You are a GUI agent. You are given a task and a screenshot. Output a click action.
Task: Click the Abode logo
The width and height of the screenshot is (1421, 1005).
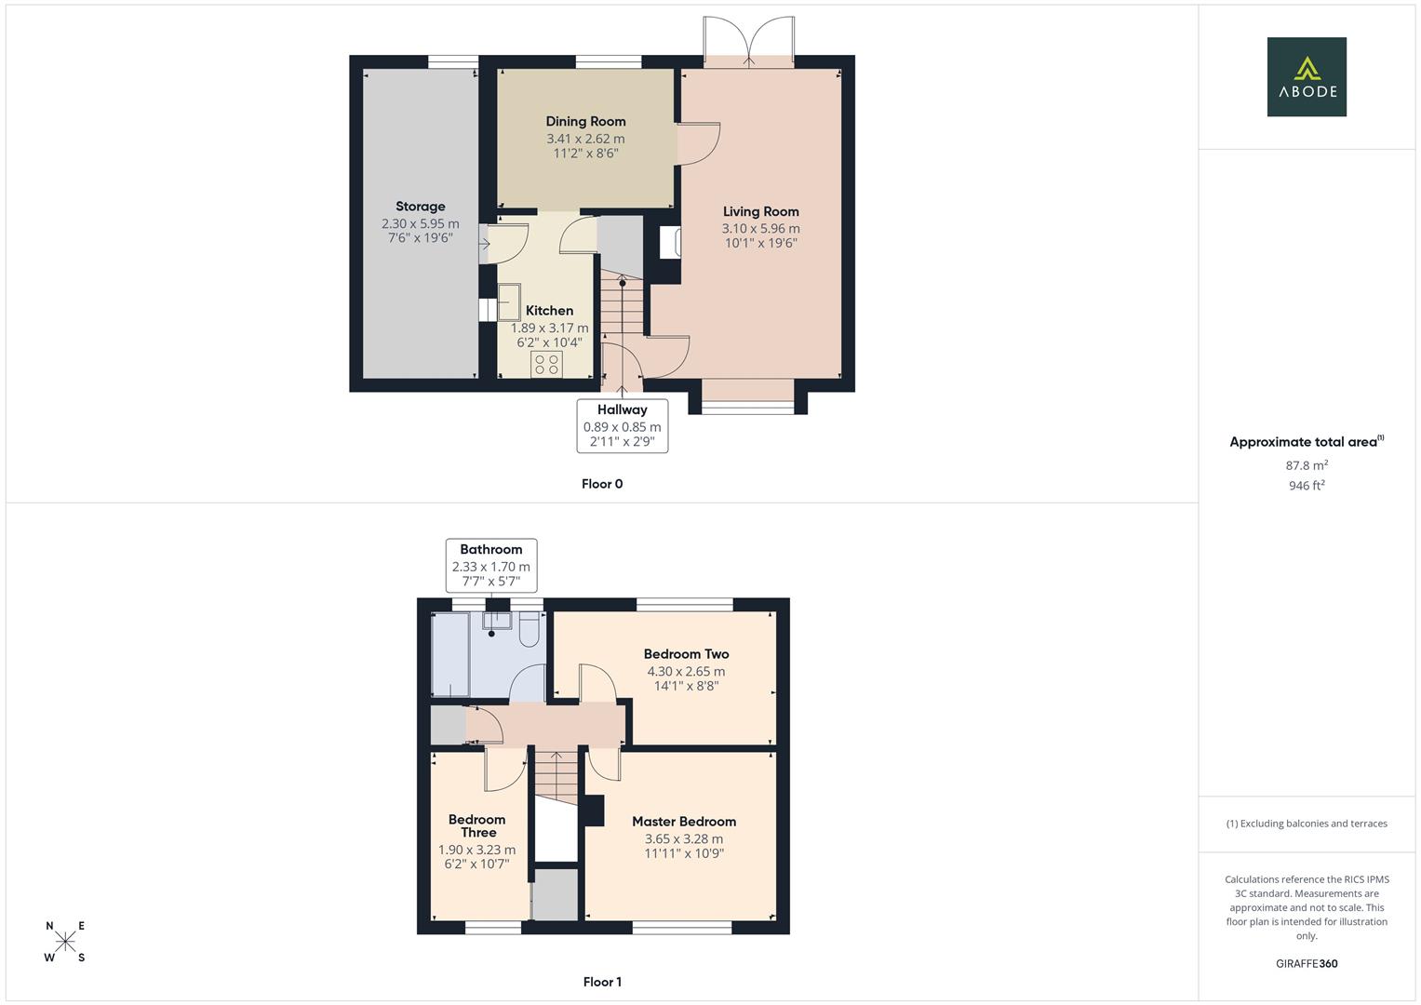pyautogui.click(x=1306, y=76)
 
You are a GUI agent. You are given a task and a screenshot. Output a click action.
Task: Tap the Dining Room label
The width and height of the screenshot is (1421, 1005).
pyautogui.click(x=585, y=121)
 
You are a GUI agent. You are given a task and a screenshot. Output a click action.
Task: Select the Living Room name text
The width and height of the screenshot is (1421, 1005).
pyautogui.click(x=760, y=211)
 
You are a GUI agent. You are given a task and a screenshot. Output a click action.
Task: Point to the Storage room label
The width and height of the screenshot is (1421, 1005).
pyautogui.click(x=421, y=207)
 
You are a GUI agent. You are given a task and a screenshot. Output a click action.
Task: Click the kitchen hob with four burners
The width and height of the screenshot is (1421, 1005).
pyautogui.click(x=546, y=364)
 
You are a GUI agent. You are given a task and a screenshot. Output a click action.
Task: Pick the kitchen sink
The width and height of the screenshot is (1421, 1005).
pyautogui.click(x=509, y=301)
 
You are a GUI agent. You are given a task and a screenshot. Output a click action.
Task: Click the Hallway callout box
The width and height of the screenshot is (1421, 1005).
pyautogui.click(x=622, y=425)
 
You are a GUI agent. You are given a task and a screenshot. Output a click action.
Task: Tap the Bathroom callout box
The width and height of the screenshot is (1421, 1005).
pyautogui.click(x=490, y=565)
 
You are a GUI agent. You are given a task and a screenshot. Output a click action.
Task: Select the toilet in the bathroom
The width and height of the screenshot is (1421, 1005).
pyautogui.click(x=530, y=633)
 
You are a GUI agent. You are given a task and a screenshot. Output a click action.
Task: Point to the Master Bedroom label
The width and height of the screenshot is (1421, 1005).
pyautogui.click(x=684, y=822)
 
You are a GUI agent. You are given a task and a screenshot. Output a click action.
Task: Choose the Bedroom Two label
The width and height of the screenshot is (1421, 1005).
pyautogui.click(x=686, y=654)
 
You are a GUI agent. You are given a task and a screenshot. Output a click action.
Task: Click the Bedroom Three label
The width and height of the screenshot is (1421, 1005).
pyautogui.click(x=476, y=826)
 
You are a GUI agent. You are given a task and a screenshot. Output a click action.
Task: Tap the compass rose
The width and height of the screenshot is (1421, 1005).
pyautogui.click(x=65, y=942)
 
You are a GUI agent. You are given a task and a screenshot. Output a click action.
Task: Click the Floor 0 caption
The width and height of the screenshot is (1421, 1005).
pyautogui.click(x=602, y=484)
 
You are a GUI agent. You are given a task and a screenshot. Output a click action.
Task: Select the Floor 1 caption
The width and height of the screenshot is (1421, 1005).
pyautogui.click(x=602, y=982)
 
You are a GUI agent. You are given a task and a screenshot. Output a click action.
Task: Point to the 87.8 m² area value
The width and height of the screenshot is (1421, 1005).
pyautogui.click(x=1307, y=465)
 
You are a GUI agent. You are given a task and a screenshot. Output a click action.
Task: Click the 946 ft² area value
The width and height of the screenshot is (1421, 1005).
pyautogui.click(x=1307, y=486)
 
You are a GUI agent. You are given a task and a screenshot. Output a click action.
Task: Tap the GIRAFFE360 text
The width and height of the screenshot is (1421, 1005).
pyautogui.click(x=1307, y=964)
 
